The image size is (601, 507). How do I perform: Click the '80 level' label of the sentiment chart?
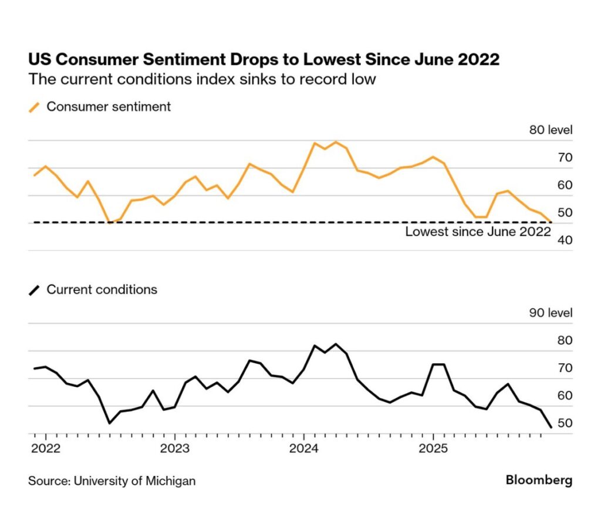[x=551, y=130]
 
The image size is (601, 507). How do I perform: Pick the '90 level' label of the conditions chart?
[x=551, y=313]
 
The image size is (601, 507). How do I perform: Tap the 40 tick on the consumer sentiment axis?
[x=564, y=240]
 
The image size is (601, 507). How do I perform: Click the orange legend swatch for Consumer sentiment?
[x=35, y=107]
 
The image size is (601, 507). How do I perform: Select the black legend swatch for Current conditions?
[x=35, y=290]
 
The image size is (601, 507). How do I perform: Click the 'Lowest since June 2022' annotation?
[x=478, y=232]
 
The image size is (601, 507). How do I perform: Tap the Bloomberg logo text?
[x=539, y=481]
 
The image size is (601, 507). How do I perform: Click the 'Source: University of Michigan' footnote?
[x=112, y=481]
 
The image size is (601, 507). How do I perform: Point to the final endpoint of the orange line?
[x=551, y=222]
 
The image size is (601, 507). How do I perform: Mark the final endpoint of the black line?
[x=551, y=427]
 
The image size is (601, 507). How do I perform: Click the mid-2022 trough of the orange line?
[x=109, y=222]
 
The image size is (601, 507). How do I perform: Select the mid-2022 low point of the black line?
[x=109, y=422]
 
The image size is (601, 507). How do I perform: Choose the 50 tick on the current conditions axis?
[x=564, y=423]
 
